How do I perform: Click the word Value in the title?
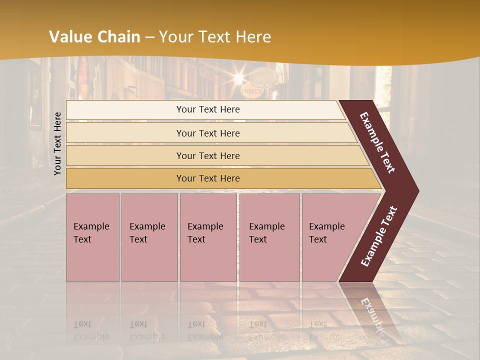(70, 37)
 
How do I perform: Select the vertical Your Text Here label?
(57, 143)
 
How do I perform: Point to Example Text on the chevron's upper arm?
(378, 142)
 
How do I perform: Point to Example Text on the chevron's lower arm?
(379, 236)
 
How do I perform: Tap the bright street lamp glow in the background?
(239, 78)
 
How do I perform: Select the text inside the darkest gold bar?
(208, 178)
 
